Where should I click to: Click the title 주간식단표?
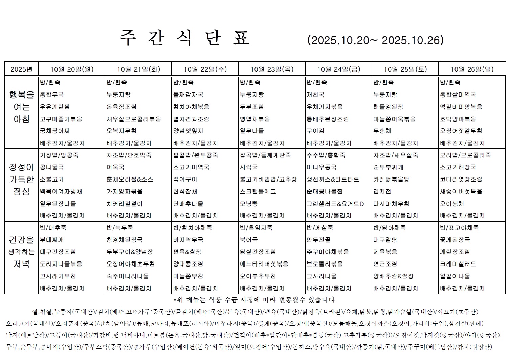tap(185, 38)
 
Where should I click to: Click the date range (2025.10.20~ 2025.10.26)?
tap(375, 40)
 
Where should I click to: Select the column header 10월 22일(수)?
tap(205, 69)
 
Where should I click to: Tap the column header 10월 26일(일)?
tap(472, 69)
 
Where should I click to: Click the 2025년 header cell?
tap(21, 69)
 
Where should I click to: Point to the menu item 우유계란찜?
tap(54, 107)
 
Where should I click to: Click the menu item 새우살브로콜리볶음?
tap(134, 119)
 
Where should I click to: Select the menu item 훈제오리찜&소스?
tap(130, 179)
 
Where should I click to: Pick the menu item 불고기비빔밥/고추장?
tap(268, 179)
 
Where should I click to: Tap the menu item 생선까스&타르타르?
tap(333, 179)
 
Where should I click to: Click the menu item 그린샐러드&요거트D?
tap(335, 204)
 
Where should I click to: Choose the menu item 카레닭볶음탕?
tap(391, 179)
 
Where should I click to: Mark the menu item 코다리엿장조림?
tap(461, 179)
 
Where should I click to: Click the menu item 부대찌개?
tap(51, 240)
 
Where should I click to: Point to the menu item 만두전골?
tap(318, 240)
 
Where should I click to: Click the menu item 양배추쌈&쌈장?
tap(393, 276)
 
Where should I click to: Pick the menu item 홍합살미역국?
tap(458, 94)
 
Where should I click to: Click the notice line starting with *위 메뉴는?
tap(255, 300)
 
